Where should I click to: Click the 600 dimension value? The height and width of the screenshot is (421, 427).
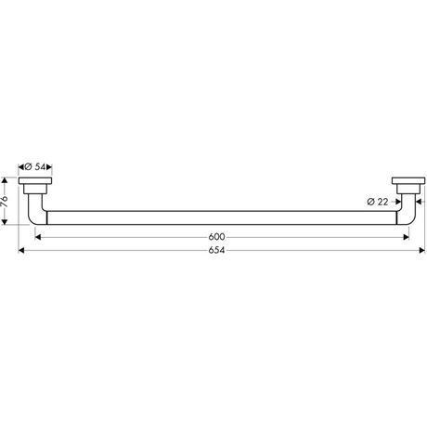click(x=216, y=237)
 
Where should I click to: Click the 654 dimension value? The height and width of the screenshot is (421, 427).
click(x=216, y=250)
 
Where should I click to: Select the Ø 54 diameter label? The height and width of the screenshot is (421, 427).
click(x=34, y=167)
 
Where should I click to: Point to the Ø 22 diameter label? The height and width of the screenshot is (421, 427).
click(x=378, y=202)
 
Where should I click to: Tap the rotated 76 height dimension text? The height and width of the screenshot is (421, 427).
click(x=5, y=202)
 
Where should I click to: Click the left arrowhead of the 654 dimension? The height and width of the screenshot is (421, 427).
click(x=21, y=250)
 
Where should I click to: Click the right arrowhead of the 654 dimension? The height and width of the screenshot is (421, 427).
click(x=422, y=250)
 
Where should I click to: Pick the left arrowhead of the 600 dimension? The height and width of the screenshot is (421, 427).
click(x=38, y=237)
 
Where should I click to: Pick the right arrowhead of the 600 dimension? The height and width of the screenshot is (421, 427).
click(x=406, y=237)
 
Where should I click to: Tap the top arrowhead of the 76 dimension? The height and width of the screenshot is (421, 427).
click(x=5, y=180)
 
